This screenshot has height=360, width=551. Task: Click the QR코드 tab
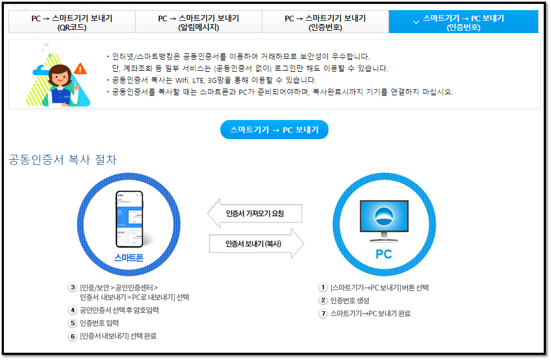pos(71,22)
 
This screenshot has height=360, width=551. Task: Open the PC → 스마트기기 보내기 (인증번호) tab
pos(325,22)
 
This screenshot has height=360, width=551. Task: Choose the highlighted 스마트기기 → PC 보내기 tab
pos(463,22)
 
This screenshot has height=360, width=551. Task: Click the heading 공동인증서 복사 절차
pos(63,160)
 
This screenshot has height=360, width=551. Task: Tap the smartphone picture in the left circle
pos(129,219)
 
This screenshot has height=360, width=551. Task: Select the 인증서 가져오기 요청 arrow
pos(255,214)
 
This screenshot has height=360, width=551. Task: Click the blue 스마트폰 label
pos(129,258)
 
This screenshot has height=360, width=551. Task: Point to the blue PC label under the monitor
pos(383,255)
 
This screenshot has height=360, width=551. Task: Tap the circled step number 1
pos(323,288)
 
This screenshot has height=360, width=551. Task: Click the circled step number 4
pos(72,310)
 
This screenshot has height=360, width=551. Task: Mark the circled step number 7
pos(323,313)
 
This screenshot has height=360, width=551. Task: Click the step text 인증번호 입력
pos(99,323)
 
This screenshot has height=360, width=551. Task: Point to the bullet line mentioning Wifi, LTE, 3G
pos(212,80)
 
